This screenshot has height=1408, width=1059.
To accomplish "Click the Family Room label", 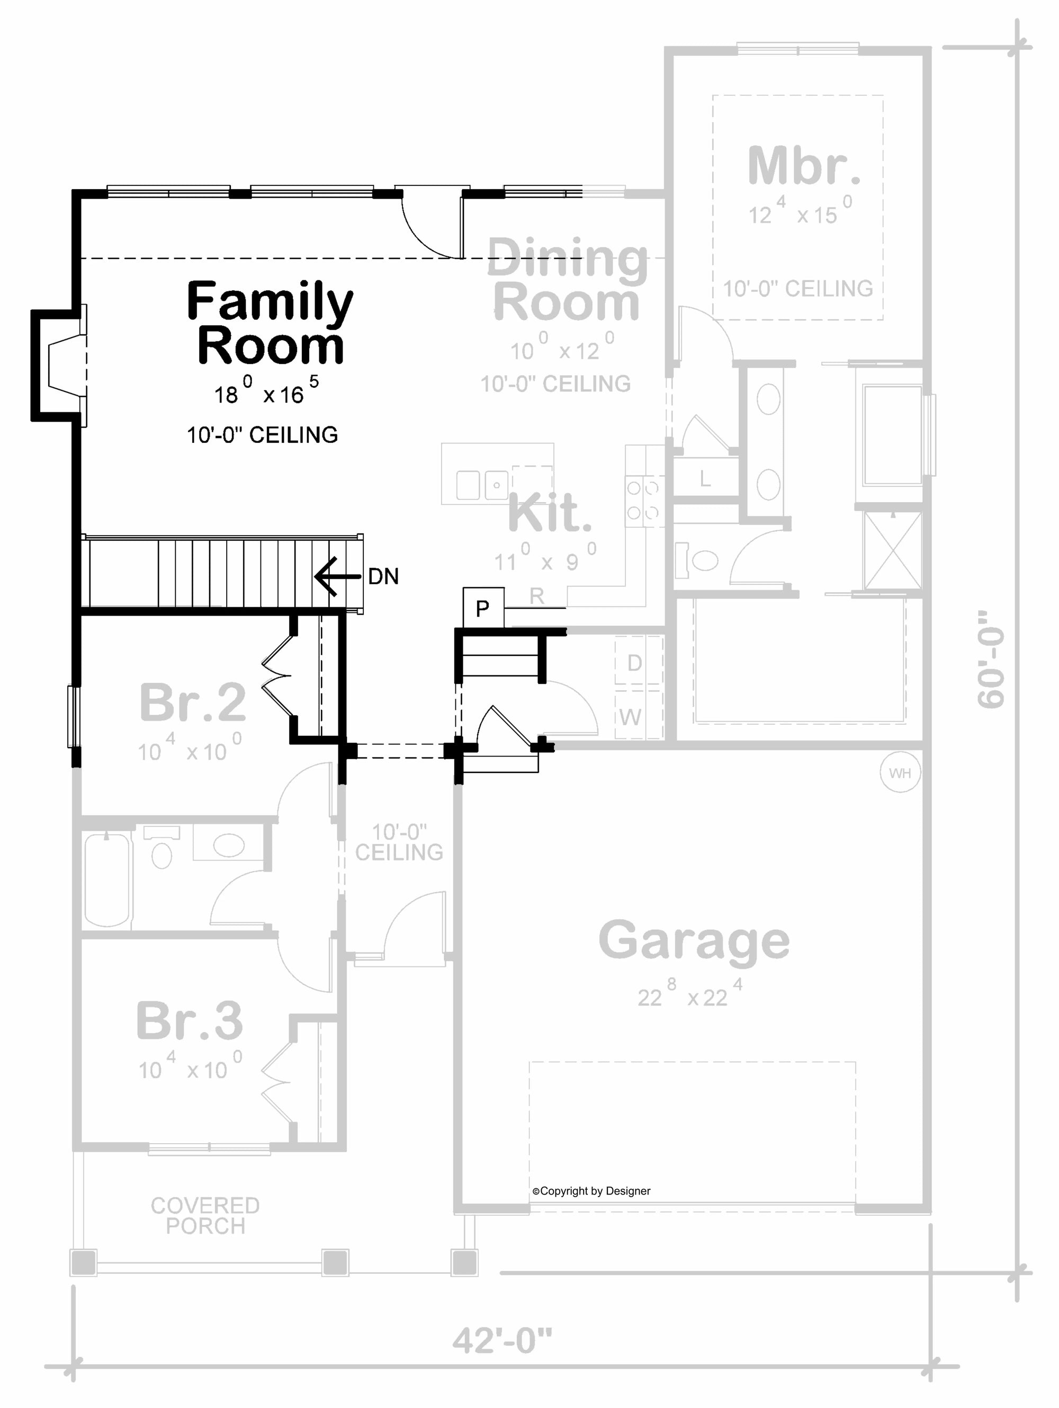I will coord(270,323).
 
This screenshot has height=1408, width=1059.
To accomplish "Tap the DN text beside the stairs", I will coord(383,577).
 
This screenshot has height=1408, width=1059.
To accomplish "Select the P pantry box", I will coord(483,608).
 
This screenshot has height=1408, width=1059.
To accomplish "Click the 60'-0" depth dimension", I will coord(991,659).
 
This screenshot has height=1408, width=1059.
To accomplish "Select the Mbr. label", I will coord(803,165).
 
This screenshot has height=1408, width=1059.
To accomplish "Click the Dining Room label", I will coord(567,280).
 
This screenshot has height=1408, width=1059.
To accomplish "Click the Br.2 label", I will coord(192,702).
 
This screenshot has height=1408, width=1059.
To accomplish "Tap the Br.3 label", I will coord(190,1020).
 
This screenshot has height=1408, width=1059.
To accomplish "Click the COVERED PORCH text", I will coord(205,1215).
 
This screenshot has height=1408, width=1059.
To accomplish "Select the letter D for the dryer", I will coord(634,663).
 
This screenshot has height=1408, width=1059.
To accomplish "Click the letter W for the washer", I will coord(630,717).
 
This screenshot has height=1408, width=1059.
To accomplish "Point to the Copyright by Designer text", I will coord(591,1191).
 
